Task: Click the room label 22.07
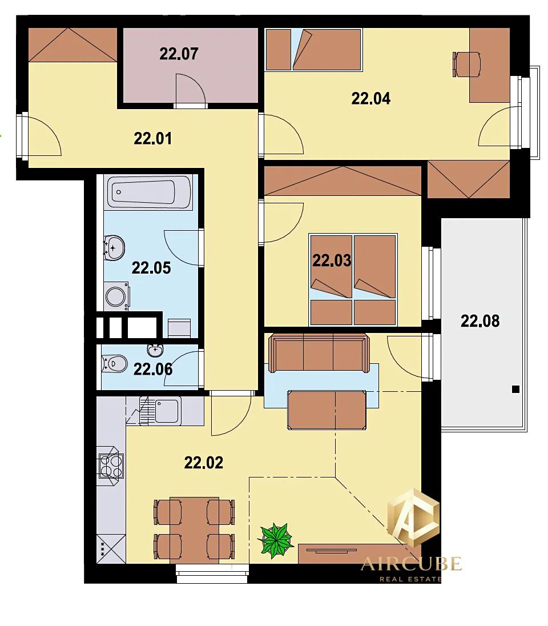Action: coord(179,54)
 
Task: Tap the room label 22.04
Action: coord(371,99)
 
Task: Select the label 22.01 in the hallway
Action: coord(153,139)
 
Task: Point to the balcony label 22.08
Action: coord(480,321)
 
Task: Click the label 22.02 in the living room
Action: coord(204,463)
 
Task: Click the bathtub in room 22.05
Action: coord(148,192)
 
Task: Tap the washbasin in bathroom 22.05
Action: coord(114,248)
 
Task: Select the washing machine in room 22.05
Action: coord(116,296)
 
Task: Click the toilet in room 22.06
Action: coord(114,364)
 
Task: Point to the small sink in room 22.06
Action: coord(155,350)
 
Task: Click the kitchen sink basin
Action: coord(167,411)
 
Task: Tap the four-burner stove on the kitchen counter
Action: coord(111,466)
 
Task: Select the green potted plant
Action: coord(276,540)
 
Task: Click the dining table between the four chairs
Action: coord(195,530)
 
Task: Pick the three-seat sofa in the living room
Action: coord(319,353)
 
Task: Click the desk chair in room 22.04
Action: coord(466,64)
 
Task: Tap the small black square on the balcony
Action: coord(515,390)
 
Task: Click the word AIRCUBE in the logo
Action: coord(412,564)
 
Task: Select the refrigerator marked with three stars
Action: coord(111,549)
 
